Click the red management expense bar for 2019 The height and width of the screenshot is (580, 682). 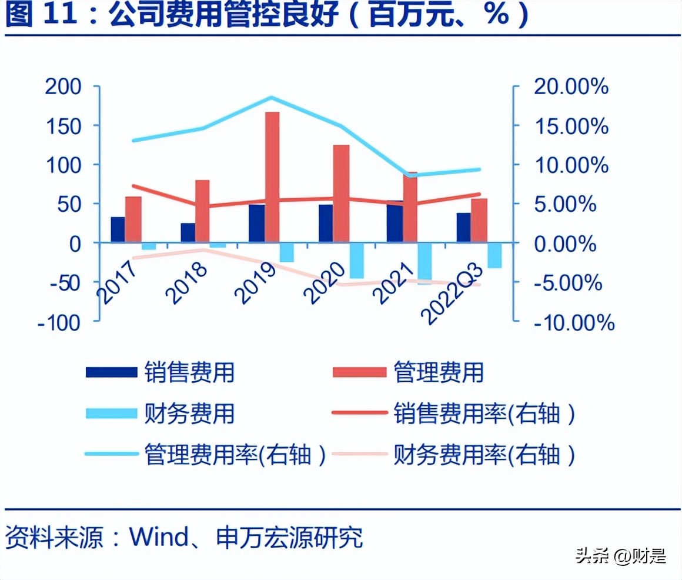click(x=272, y=176)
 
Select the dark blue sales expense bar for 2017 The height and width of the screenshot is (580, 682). click(x=118, y=229)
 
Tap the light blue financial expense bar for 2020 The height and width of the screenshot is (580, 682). click(x=356, y=260)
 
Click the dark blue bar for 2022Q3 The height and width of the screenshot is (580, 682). click(x=463, y=227)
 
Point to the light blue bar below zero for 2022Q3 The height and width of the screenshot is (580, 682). click(x=494, y=255)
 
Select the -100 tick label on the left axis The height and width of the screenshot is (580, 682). click(x=59, y=322)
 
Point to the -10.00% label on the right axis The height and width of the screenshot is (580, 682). click(x=574, y=322)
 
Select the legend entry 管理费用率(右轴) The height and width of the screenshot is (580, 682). click(x=235, y=454)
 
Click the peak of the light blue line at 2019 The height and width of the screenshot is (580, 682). click(x=270, y=98)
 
